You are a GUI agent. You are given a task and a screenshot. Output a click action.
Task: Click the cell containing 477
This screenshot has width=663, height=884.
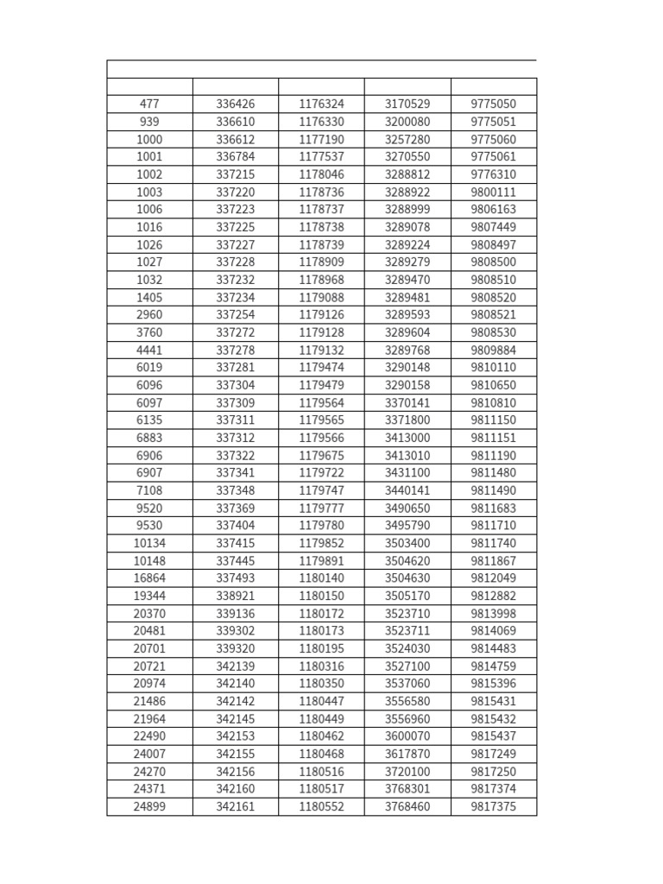pos(149,104)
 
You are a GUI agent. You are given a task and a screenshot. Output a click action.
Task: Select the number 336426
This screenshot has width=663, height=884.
pos(236,104)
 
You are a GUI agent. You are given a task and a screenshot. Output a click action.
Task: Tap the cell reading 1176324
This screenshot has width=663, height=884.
pos(321,104)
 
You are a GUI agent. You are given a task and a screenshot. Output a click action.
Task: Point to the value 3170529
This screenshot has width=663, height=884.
pos(407,104)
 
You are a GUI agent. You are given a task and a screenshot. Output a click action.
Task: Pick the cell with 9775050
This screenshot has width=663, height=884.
pos(494,104)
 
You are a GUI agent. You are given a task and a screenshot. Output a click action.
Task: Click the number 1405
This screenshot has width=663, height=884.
pos(149,298)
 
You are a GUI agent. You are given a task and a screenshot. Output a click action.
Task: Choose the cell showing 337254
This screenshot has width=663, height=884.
pos(236,315)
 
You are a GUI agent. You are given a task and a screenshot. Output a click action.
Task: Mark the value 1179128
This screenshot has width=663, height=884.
pos(321,332)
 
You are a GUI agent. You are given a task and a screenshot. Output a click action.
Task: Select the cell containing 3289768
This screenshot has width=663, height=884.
pos(407,350)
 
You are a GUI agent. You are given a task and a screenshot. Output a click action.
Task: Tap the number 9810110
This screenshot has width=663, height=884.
pos(494,368)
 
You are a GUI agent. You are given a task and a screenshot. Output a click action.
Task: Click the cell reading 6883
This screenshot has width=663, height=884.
pos(149,438)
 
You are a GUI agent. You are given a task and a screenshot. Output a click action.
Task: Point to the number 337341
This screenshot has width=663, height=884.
pos(236,473)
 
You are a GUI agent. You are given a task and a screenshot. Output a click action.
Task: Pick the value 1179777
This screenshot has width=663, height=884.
pos(321,508)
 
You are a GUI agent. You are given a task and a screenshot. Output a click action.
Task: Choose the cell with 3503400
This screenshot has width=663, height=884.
pos(407,543)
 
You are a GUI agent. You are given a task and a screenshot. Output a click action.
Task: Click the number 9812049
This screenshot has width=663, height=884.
pos(494,578)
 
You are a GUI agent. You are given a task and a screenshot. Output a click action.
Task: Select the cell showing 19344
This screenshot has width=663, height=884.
pos(149,596)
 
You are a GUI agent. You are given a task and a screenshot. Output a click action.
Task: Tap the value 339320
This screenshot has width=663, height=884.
pos(236,648)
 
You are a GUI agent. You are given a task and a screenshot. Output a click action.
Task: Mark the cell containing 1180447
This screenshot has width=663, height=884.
pos(321,701)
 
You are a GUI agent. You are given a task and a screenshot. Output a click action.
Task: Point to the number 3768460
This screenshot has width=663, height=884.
pos(407,806)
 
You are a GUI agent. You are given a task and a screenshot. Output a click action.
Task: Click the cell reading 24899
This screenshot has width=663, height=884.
pos(149,806)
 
